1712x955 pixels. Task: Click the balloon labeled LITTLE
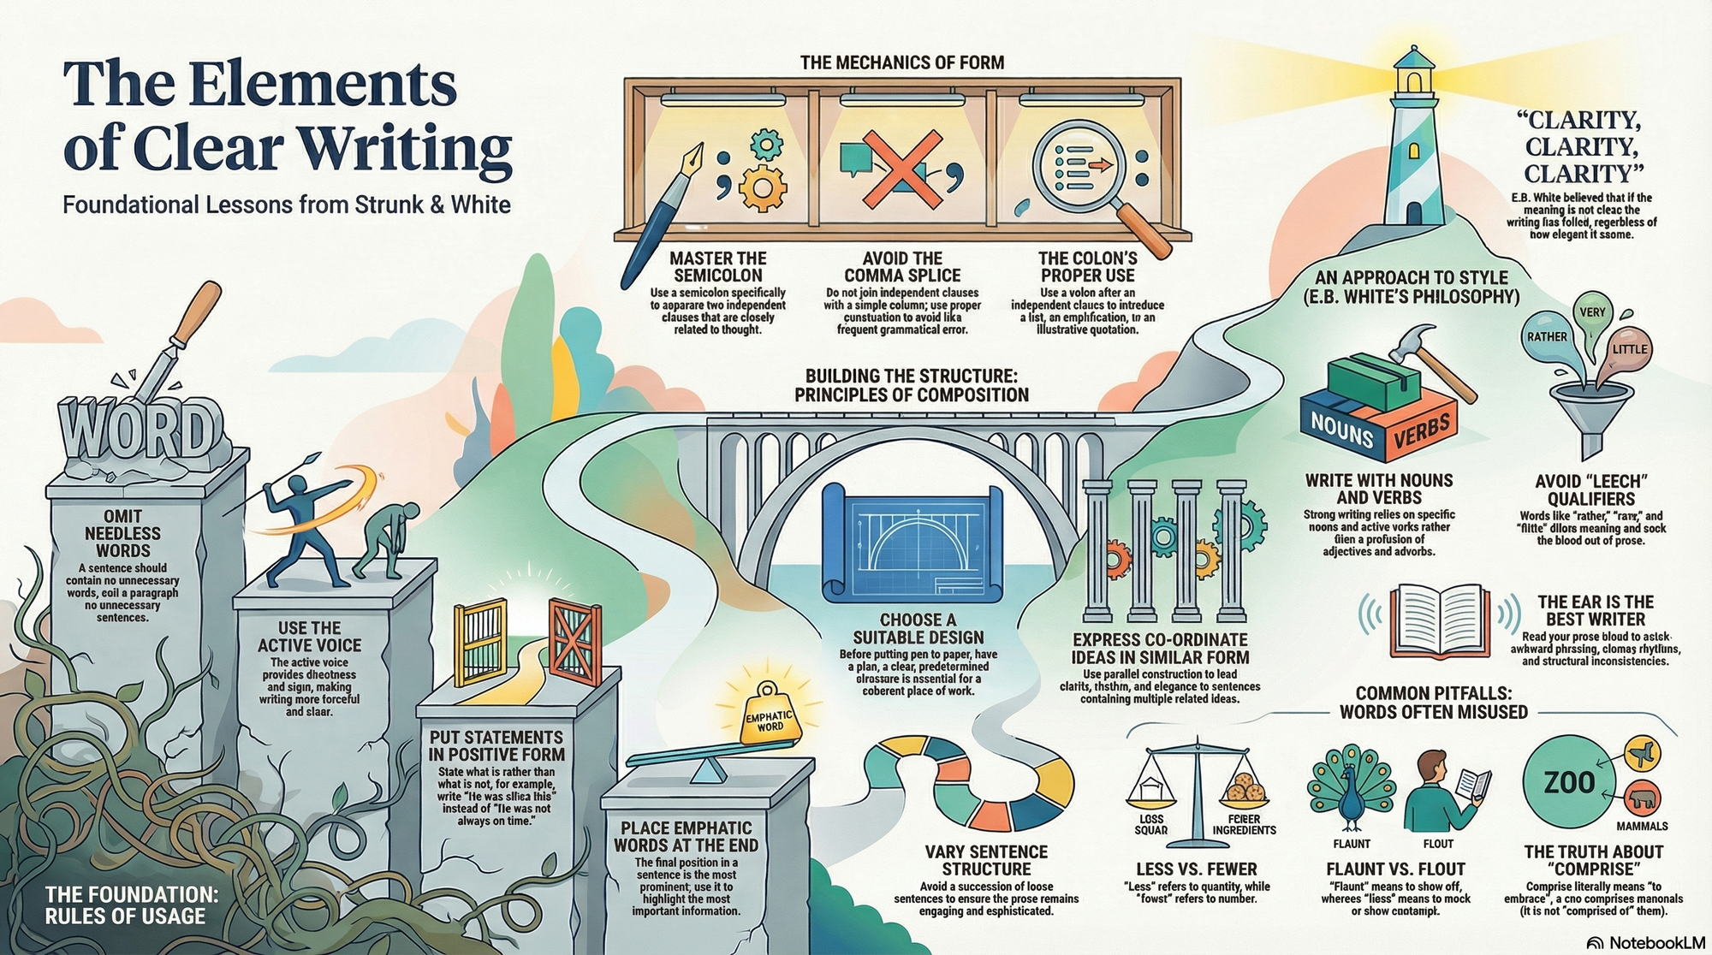tap(1629, 348)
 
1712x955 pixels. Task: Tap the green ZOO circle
tap(1569, 781)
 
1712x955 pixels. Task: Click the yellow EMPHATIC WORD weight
tap(769, 716)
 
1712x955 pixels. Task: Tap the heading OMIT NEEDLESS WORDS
tap(123, 533)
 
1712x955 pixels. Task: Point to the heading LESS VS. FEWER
tap(1196, 869)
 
